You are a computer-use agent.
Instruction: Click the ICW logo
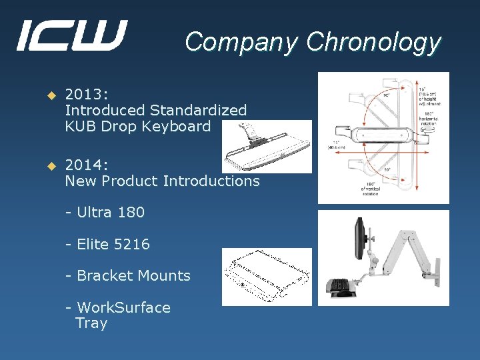tap(71, 36)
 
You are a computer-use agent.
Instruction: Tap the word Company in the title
tap(242, 42)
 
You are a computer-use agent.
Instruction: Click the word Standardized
tap(198, 111)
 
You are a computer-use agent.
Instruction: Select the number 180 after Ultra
tap(131, 213)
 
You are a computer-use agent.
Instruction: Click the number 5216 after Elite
tap(132, 245)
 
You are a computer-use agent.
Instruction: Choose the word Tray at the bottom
tap(91, 323)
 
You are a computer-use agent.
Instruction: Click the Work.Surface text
tap(124, 308)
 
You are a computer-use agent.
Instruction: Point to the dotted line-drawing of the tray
tap(267, 277)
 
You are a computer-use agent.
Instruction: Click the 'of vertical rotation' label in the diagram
tap(371, 189)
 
